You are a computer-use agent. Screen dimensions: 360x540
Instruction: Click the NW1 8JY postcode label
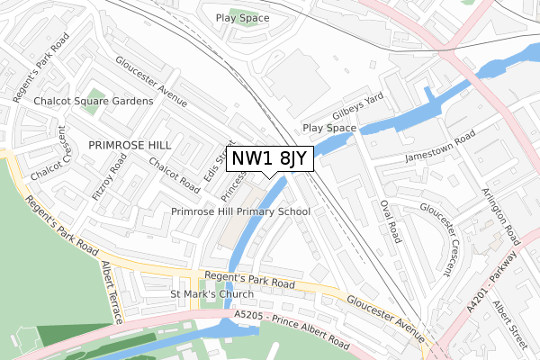(269, 158)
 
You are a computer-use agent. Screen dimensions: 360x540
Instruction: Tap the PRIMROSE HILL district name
(128, 143)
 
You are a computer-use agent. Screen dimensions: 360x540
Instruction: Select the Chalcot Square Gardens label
(94, 102)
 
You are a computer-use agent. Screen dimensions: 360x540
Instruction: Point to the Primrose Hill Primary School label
(240, 211)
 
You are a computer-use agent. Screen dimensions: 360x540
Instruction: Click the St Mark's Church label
(212, 294)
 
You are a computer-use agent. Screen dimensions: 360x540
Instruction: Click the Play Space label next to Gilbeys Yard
(328, 129)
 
